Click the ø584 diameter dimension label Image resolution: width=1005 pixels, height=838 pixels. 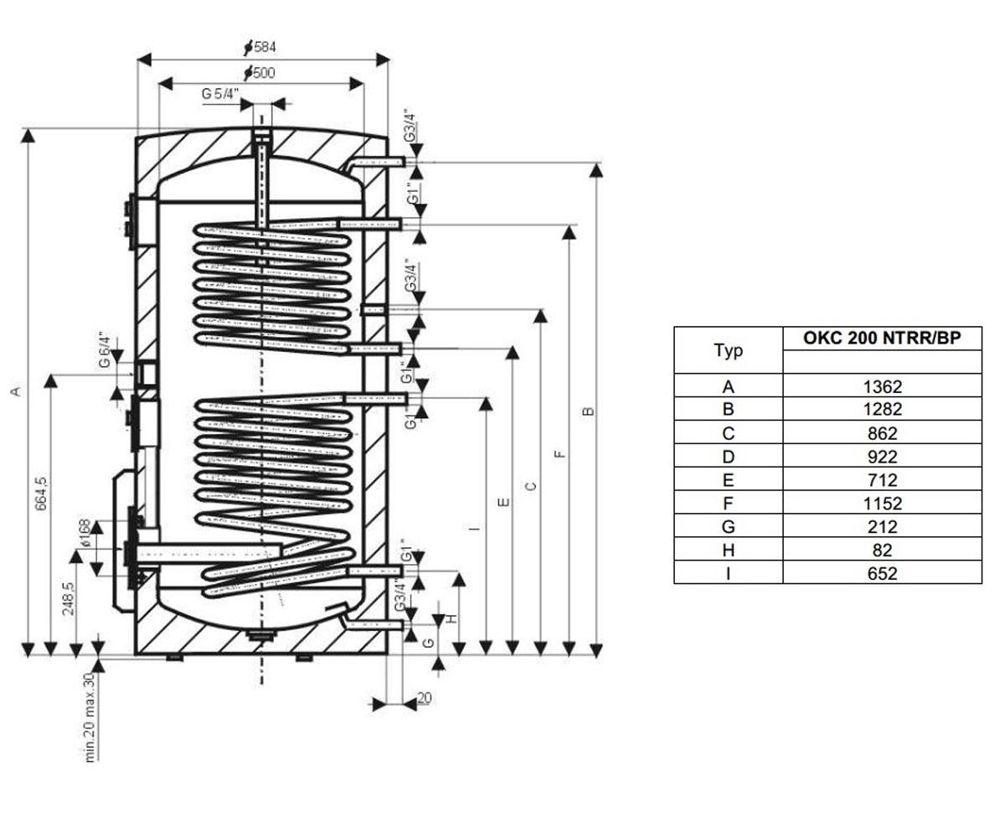(x=260, y=47)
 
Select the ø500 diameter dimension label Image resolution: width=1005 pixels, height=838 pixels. (x=259, y=73)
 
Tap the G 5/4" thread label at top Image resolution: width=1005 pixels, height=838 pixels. (x=220, y=93)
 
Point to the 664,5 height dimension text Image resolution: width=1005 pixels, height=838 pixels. (x=42, y=494)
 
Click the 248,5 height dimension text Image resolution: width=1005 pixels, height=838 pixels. (x=69, y=598)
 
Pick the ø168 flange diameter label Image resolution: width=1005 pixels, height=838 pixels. (x=84, y=533)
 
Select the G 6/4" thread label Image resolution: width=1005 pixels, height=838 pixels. (x=105, y=349)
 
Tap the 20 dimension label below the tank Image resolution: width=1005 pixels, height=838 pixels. (x=424, y=698)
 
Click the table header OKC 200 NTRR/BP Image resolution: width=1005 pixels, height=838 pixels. (x=882, y=338)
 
